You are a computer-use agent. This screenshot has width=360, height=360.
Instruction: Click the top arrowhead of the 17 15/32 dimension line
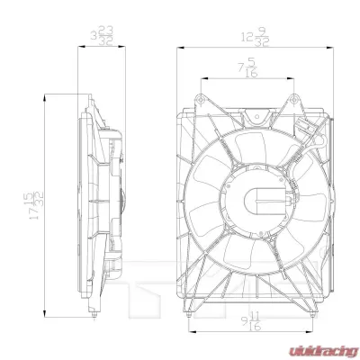click(x=42, y=97)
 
